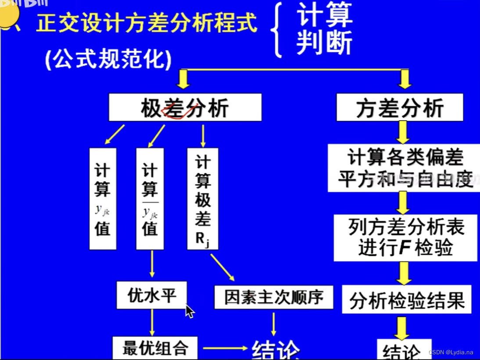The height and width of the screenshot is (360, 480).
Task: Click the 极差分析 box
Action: tap(185, 108)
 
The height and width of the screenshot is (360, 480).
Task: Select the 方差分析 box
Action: tap(399, 108)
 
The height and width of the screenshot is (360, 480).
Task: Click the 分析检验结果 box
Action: tap(406, 300)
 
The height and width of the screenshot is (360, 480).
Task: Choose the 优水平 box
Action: tap(152, 295)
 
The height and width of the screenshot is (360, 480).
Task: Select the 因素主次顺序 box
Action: tap(274, 297)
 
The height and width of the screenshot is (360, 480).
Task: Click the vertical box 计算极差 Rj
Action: tap(203, 199)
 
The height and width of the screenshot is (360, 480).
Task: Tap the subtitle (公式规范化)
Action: tap(108, 59)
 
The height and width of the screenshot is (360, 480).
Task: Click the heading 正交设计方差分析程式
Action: tap(147, 23)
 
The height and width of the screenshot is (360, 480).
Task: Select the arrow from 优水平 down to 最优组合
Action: tap(152, 322)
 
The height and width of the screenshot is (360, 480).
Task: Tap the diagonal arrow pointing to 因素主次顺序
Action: tap(222, 266)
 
